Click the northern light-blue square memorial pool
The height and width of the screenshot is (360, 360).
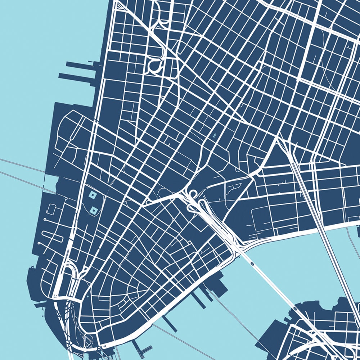[x=93, y=195]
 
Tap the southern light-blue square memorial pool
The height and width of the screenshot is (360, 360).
[x=94, y=210]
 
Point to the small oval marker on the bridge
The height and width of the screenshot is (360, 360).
[x=252, y=264]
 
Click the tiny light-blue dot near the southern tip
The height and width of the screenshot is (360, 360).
[x=88, y=297]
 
